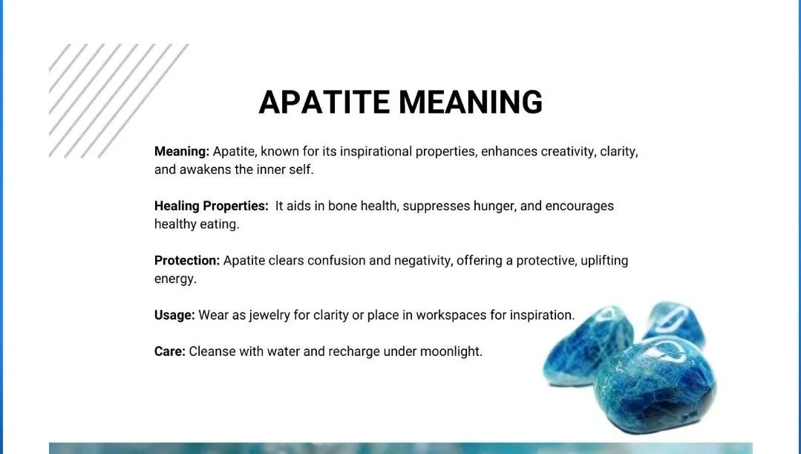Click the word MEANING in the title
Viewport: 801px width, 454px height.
point(471,102)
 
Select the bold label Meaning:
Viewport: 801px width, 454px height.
point(182,152)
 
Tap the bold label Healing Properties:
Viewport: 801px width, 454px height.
point(211,206)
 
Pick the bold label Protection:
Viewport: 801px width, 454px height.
point(187,260)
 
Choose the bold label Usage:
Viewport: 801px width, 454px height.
point(174,315)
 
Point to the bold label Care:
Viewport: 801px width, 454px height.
point(169,351)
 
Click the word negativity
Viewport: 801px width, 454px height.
point(423,261)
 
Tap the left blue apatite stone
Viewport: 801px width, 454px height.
point(587,345)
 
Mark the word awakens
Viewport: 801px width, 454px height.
point(206,169)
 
